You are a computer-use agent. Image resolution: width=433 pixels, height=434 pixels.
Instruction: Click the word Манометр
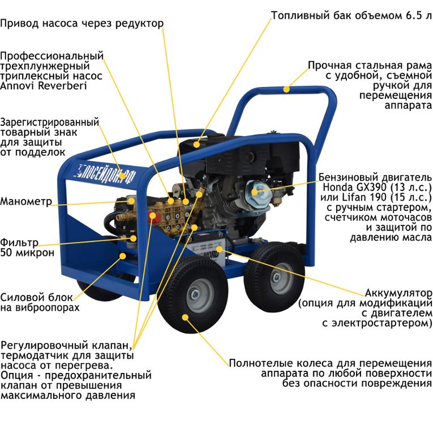coord(26,201)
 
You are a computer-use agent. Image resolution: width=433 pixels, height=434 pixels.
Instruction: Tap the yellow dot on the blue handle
coord(286,89)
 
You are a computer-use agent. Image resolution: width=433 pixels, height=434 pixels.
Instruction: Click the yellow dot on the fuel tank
coord(196,144)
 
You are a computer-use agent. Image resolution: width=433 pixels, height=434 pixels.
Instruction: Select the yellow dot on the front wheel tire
coord(185,317)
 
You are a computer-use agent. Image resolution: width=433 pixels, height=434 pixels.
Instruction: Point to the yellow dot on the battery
coord(219,249)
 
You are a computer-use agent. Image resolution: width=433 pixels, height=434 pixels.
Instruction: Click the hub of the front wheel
coord(195,294)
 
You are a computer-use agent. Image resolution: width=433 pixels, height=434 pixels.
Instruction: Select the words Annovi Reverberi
coord(44,86)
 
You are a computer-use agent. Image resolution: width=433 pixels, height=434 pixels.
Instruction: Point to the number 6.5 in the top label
coord(414,15)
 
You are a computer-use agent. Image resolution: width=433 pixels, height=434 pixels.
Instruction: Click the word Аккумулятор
coord(398,293)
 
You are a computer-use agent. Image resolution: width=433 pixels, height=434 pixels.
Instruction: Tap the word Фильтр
coord(19,243)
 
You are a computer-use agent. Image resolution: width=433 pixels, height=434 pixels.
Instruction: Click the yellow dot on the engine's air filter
coord(255,192)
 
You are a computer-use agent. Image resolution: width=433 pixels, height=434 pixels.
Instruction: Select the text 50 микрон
coord(27,253)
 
